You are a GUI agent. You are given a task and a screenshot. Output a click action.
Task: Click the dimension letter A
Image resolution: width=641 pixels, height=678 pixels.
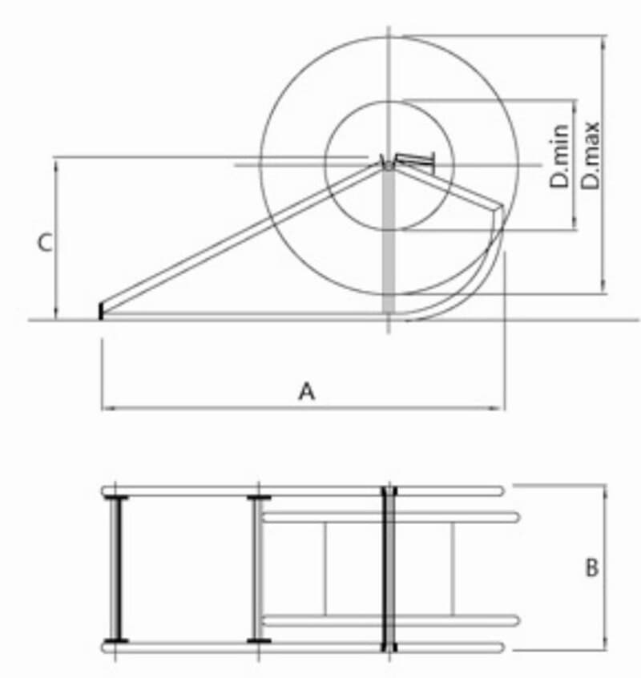(x=306, y=391)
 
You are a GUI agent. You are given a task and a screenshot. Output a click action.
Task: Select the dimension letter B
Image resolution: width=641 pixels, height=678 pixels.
(x=591, y=567)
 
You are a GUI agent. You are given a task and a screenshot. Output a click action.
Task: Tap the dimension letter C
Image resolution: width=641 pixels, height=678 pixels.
(x=46, y=242)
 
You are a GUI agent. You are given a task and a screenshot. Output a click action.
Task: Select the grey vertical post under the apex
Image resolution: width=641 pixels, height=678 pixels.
(x=389, y=240)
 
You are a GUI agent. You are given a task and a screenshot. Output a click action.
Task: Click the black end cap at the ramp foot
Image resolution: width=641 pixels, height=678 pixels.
(x=101, y=311)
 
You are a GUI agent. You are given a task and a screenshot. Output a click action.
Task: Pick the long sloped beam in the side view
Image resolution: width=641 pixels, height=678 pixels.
(x=240, y=236)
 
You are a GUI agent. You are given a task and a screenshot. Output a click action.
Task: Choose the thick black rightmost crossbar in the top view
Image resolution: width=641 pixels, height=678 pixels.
(x=389, y=567)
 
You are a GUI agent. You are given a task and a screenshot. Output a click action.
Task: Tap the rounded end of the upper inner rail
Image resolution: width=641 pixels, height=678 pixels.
(x=515, y=517)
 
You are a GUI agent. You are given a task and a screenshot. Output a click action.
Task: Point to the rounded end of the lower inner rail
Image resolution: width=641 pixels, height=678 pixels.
(x=515, y=619)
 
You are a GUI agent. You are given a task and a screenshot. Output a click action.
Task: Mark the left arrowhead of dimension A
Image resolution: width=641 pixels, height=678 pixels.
(x=107, y=408)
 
